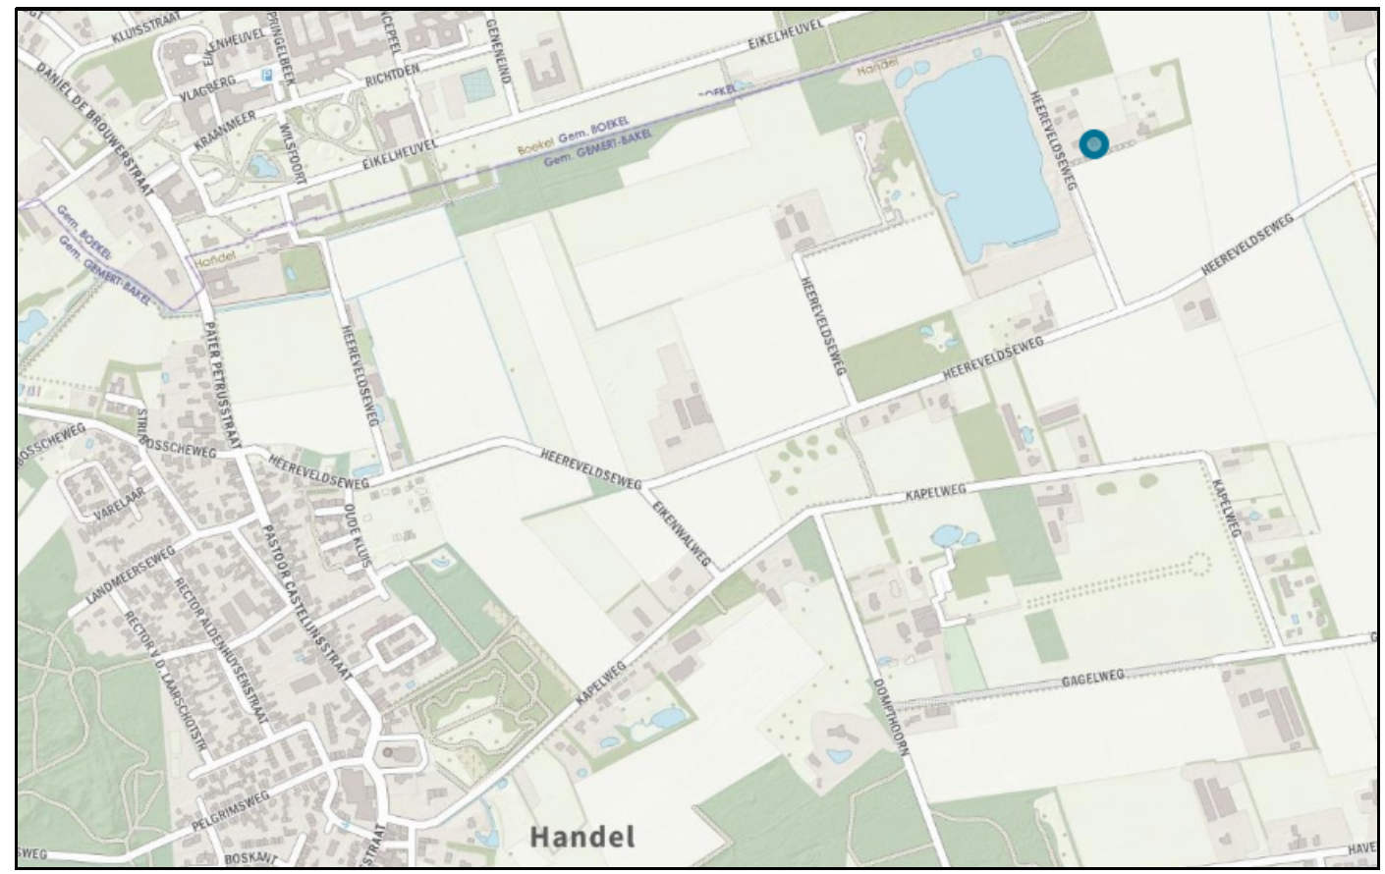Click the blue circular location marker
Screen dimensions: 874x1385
click(x=1093, y=145)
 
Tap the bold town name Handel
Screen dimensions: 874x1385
click(x=582, y=837)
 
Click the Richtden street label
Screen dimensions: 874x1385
click(x=393, y=75)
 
